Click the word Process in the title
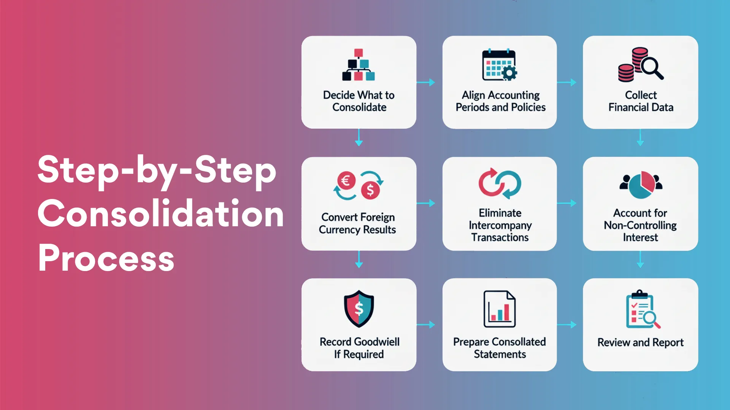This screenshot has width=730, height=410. pos(106,259)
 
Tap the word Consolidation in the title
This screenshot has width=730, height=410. pos(160,214)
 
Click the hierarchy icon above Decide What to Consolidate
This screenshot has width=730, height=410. pos(359,65)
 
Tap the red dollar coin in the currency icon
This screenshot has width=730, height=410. pos(370,190)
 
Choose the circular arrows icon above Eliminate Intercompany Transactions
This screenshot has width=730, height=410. pos(500,183)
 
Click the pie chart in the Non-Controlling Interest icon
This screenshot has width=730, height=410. pos(641,185)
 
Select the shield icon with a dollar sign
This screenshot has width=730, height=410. pos(359,309)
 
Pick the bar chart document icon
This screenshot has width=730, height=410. pos(500,309)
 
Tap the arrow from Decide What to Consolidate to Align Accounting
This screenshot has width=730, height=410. pos(426,82)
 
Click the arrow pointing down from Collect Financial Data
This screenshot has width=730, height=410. pos(640,137)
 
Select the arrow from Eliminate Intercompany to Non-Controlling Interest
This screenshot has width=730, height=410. pos(567,203)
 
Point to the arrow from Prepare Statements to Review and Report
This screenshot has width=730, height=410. pos(567,325)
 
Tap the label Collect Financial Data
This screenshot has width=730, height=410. pos(641,101)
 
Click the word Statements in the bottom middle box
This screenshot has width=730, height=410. pos(500,354)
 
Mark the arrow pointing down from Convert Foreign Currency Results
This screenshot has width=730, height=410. pos(359,260)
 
